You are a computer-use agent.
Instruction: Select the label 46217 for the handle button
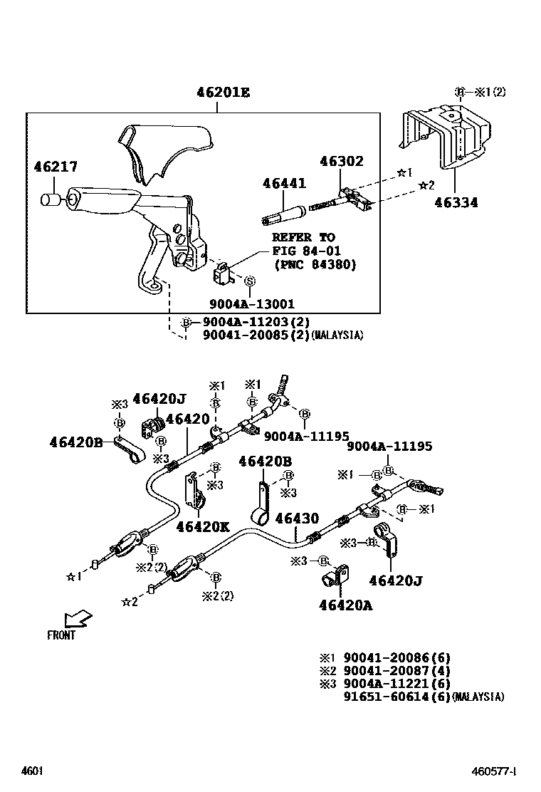click(56, 167)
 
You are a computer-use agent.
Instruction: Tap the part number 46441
click(284, 183)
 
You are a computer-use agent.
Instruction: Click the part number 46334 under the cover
click(456, 203)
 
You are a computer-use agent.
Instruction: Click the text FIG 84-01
click(306, 251)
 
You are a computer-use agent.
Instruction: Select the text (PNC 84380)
click(315, 264)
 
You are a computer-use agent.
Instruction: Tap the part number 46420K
click(203, 526)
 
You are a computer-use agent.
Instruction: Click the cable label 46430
click(298, 519)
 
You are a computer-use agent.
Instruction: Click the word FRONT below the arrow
click(61, 635)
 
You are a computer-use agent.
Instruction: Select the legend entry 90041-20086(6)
click(397, 658)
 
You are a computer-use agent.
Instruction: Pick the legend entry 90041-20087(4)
click(397, 671)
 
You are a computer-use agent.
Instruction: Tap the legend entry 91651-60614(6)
click(397, 697)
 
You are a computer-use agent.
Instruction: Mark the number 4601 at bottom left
click(32, 771)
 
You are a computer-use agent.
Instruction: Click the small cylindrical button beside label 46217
click(50, 199)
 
